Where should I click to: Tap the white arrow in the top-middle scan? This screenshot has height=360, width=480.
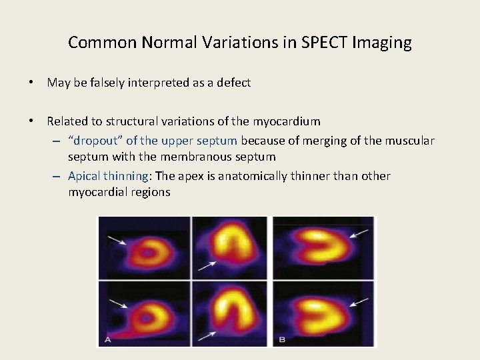(207, 267)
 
